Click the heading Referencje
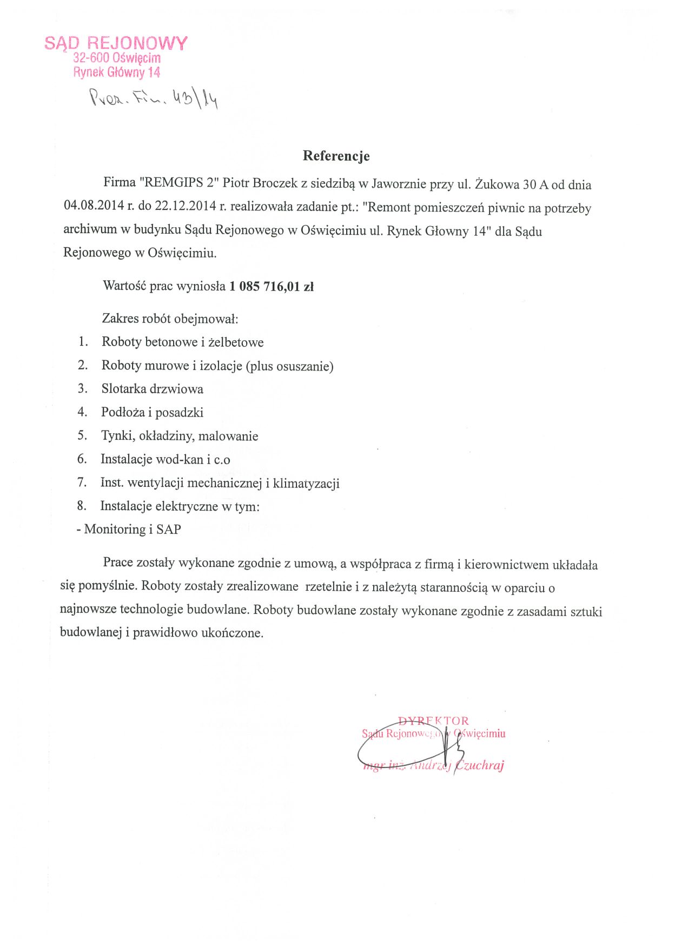click(x=336, y=156)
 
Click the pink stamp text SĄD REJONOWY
click(x=116, y=43)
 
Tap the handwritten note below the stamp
click(x=154, y=98)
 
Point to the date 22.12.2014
click(x=185, y=206)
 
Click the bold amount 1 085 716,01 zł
click(x=272, y=286)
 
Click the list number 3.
click(x=82, y=388)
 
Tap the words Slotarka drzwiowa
click(x=153, y=389)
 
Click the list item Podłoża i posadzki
click(x=153, y=412)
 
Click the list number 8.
click(x=82, y=506)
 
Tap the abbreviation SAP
click(x=169, y=529)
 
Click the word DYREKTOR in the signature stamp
click(x=434, y=720)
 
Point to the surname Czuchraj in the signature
click(x=480, y=765)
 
